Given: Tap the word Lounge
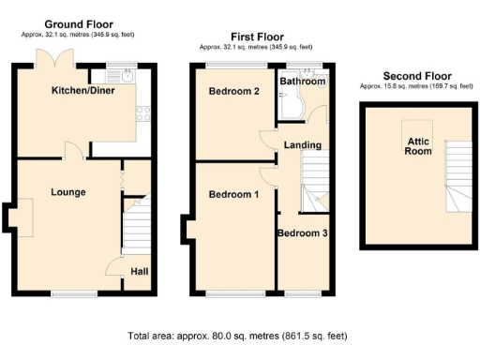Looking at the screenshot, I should tap(68, 192).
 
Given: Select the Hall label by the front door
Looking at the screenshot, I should tap(139, 272).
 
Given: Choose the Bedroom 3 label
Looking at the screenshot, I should tap(302, 232).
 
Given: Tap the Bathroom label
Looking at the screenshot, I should tap(303, 82).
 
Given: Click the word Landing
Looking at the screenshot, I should tap(303, 145).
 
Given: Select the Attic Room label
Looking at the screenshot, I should tap(417, 145).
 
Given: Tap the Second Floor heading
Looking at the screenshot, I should tap(417, 76).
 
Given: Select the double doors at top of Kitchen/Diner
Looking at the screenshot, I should tap(52, 58).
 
